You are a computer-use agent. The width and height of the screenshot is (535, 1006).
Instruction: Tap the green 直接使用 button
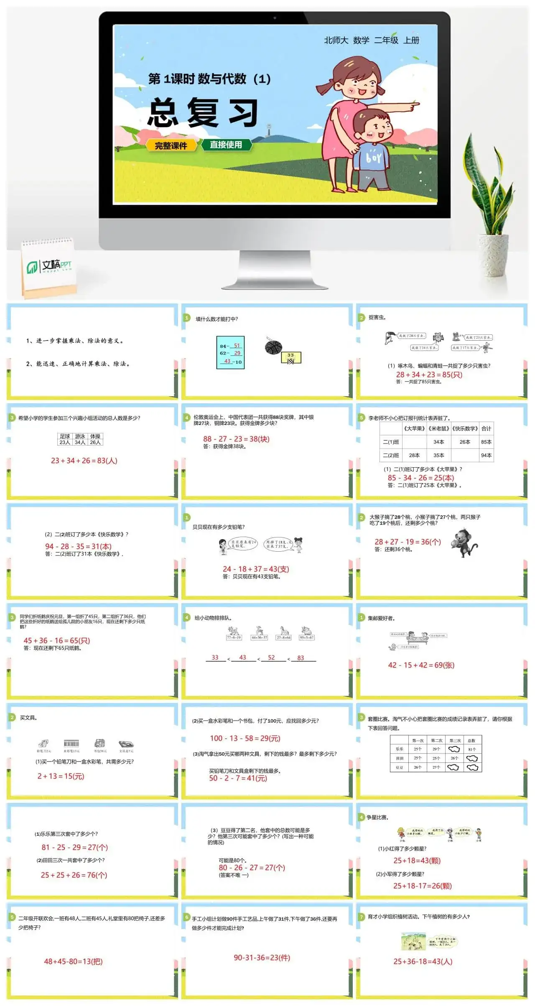pos(226,145)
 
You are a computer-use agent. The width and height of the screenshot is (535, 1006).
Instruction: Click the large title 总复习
pos(203,113)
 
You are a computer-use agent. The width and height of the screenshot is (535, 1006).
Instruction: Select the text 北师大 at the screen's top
pos(336,41)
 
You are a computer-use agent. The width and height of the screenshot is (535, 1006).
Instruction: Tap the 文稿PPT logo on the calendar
pos(49,266)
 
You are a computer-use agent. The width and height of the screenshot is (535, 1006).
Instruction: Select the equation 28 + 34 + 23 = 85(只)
pos(429,374)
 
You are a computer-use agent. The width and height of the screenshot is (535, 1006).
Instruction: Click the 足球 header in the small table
pos(65,436)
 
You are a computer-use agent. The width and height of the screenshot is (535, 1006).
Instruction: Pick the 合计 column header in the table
pos(486,428)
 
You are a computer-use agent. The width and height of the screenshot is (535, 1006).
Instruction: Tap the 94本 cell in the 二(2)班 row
pos(486,455)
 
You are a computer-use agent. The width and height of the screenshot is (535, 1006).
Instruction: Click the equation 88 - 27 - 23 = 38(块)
pos(236,439)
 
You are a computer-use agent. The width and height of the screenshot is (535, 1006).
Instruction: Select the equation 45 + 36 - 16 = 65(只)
pos(57,640)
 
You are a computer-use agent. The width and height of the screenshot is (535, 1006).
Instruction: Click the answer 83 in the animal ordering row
pos(301,658)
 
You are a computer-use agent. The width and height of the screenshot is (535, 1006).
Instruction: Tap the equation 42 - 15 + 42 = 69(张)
pos(421,665)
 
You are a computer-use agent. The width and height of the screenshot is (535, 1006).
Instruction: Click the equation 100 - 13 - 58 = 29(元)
pos(245,738)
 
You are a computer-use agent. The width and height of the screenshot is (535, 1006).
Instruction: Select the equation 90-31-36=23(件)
pos(262,958)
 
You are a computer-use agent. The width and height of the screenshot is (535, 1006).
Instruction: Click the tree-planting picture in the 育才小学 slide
pos(413,942)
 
